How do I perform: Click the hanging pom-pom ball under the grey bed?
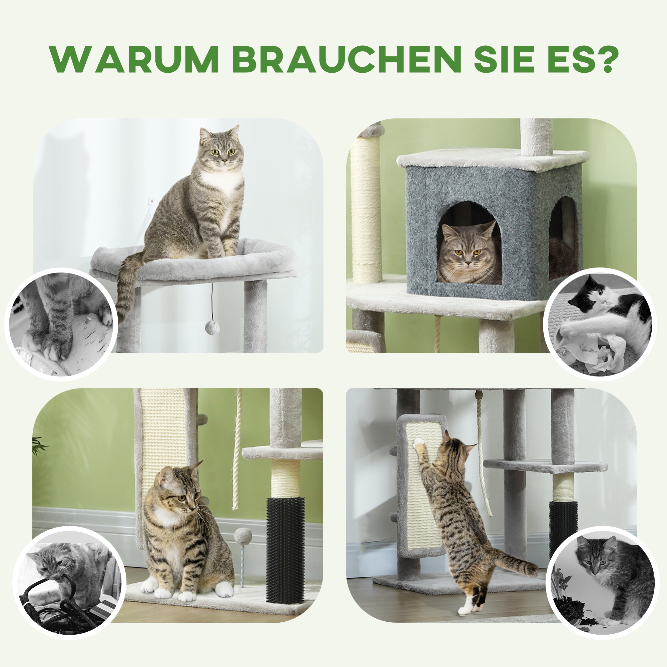(212, 327)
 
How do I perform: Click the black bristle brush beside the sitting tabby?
(285, 549)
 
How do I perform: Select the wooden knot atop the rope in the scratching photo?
(479, 395)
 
